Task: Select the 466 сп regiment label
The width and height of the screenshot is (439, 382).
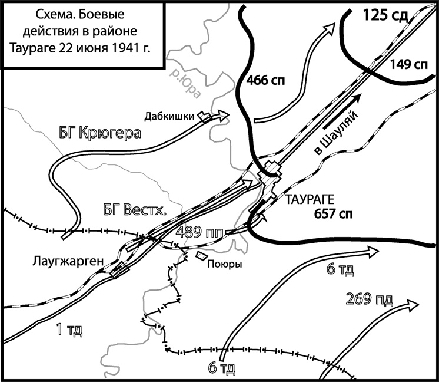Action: pyautogui.click(x=266, y=81)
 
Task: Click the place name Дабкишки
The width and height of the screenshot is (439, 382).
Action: pyautogui.click(x=171, y=117)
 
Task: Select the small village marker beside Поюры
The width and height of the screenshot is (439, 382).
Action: pyautogui.click(x=201, y=255)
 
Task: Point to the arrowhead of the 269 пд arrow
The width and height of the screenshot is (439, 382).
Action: pyautogui.click(x=411, y=304)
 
